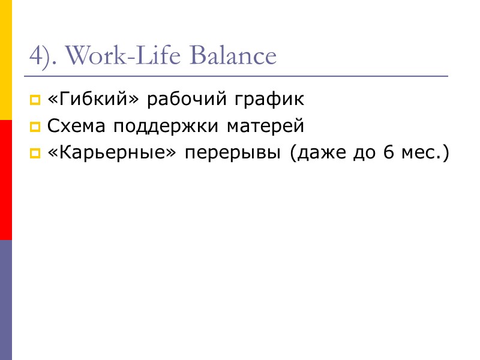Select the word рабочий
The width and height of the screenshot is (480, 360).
[x=185, y=100]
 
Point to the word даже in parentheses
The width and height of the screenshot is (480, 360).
[x=317, y=154]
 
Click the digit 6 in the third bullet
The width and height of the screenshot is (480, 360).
[x=388, y=154]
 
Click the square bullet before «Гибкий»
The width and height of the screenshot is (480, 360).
[x=35, y=100]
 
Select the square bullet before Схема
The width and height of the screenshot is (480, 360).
[x=35, y=127]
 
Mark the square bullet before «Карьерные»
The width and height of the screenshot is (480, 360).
[x=35, y=154]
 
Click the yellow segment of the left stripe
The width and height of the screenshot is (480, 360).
[x=6, y=60]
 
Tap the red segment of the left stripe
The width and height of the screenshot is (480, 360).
[x=6, y=180]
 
